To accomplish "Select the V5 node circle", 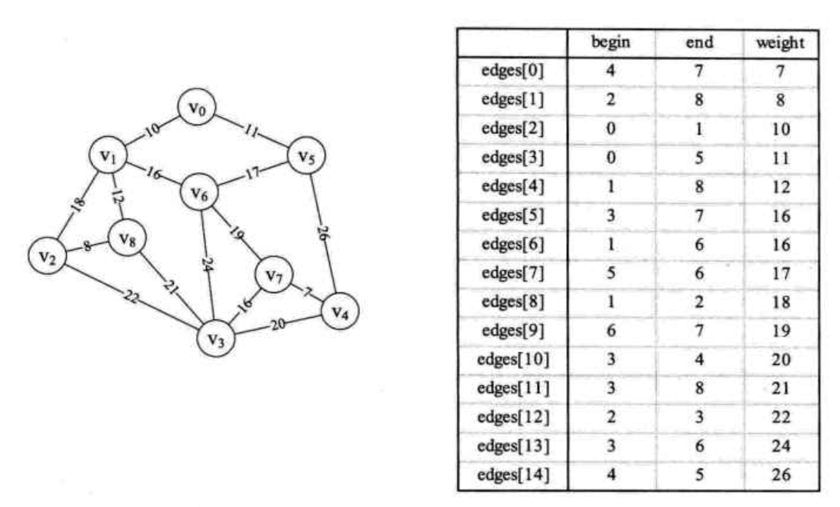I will point(305,157).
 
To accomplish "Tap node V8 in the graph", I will point(127,240).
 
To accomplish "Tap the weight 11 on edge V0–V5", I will point(250,131).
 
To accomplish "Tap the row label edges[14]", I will point(512,475).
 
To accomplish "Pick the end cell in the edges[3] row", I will point(697,158).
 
